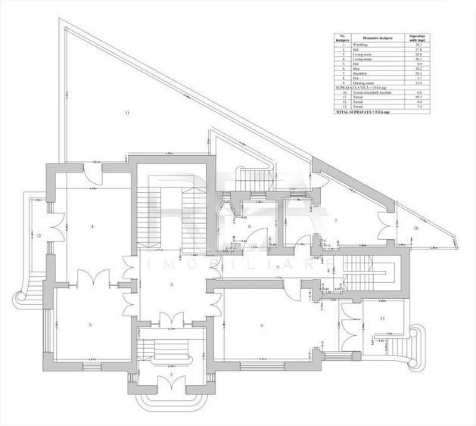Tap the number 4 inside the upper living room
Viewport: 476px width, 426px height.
[92, 226]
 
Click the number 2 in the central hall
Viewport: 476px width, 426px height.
[173, 284]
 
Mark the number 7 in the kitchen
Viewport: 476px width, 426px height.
[249, 226]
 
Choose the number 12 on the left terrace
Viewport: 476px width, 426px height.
[38, 235]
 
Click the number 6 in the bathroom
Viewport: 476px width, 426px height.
[249, 226]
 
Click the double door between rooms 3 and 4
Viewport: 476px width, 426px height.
[94, 278]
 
